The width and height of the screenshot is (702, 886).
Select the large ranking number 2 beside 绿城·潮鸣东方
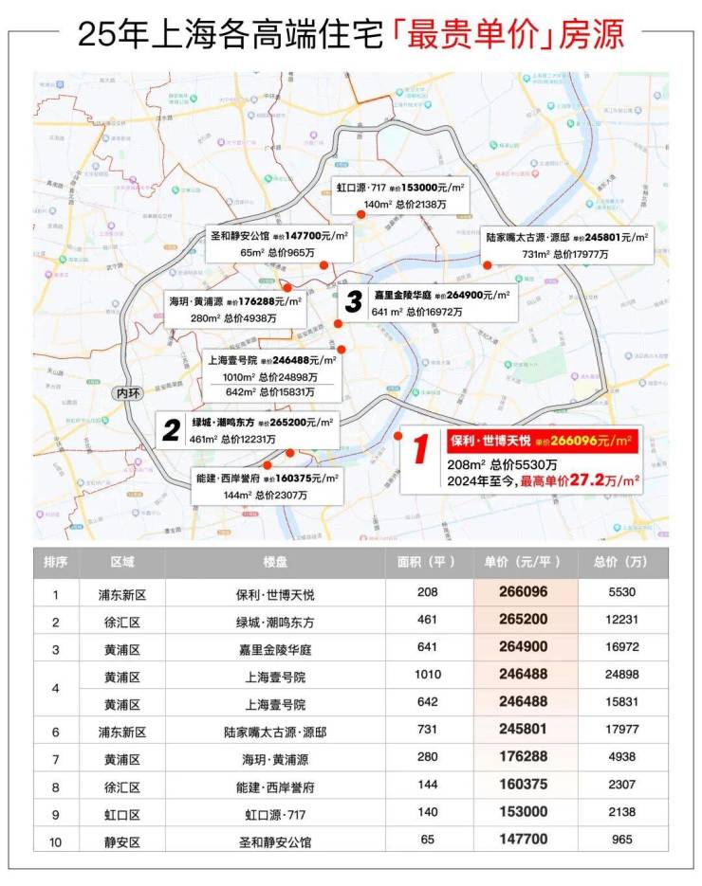pyautogui.click(x=171, y=431)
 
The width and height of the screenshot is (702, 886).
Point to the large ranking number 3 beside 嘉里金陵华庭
pyautogui.click(x=353, y=302)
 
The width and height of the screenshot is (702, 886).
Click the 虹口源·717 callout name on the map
pyautogui.click(x=360, y=188)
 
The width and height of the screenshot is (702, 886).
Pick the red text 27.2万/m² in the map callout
pyautogui.click(x=611, y=481)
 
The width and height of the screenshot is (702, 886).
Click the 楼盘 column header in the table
pyautogui.click(x=274, y=562)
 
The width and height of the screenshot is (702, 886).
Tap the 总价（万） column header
pyautogui.click(x=621, y=562)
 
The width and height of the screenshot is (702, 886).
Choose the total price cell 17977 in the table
pyautogui.click(x=622, y=731)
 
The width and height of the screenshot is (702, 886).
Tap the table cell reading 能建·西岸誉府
pyautogui.click(x=274, y=786)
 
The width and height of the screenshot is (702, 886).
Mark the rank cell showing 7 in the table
pyautogui.click(x=56, y=758)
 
